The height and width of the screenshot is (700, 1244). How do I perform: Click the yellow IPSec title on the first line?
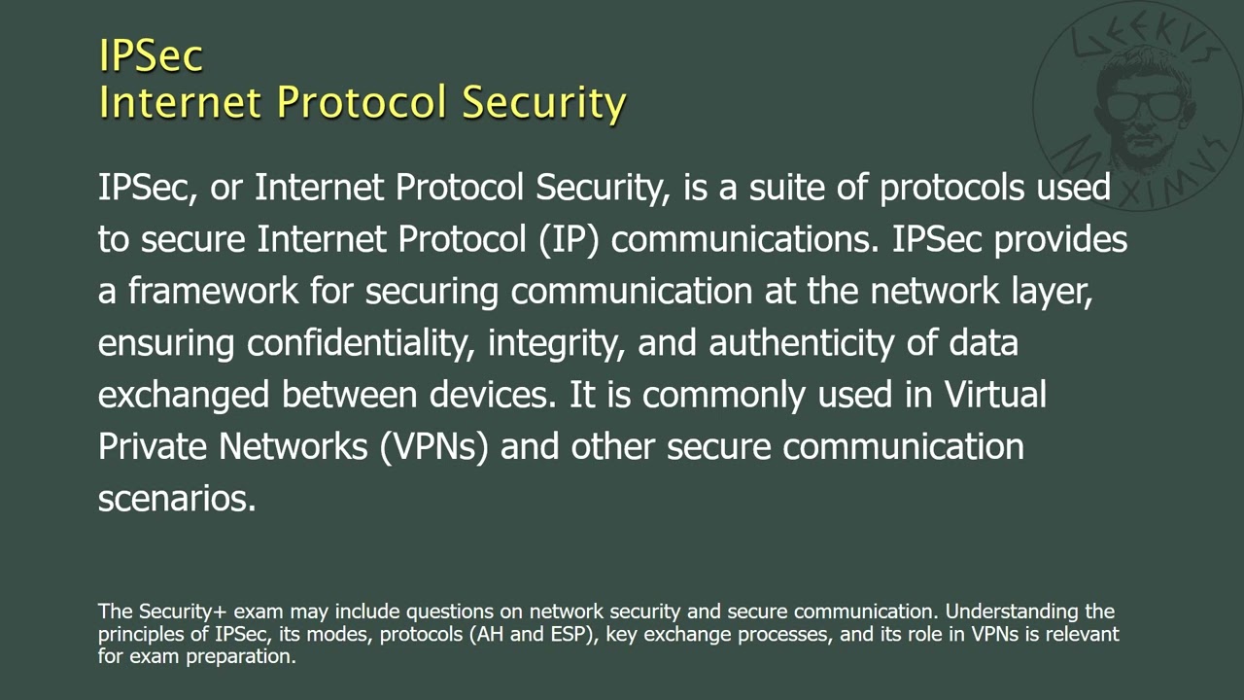point(151,55)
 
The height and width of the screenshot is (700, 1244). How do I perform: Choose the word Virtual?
point(995,394)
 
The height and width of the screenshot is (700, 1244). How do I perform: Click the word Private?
point(153,446)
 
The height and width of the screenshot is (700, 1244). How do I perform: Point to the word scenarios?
point(177,498)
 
